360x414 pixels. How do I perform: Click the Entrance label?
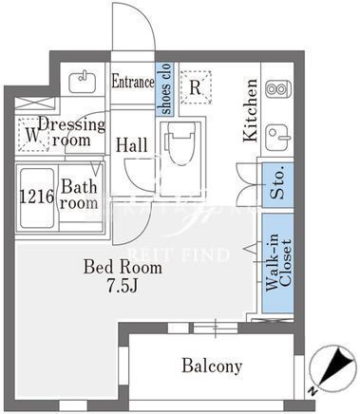[133, 82]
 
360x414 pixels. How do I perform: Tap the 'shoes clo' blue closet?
[164, 89]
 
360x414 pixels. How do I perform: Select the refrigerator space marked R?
[197, 87]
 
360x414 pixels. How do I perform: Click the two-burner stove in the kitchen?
[278, 89]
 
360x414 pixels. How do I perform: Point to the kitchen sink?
[277, 138]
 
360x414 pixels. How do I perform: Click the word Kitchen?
[250, 110]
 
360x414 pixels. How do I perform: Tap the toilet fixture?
[180, 143]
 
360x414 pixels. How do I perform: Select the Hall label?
[131, 145]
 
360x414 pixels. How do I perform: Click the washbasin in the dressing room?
[83, 82]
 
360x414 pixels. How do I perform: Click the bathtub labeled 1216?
[37, 198]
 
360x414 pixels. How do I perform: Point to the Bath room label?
[79, 195]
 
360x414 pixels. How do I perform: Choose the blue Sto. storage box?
[278, 185]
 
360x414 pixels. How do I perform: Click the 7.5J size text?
[123, 286]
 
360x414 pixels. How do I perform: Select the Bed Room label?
[123, 267]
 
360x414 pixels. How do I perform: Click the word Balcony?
[212, 367]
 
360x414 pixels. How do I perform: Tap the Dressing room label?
[71, 132]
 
